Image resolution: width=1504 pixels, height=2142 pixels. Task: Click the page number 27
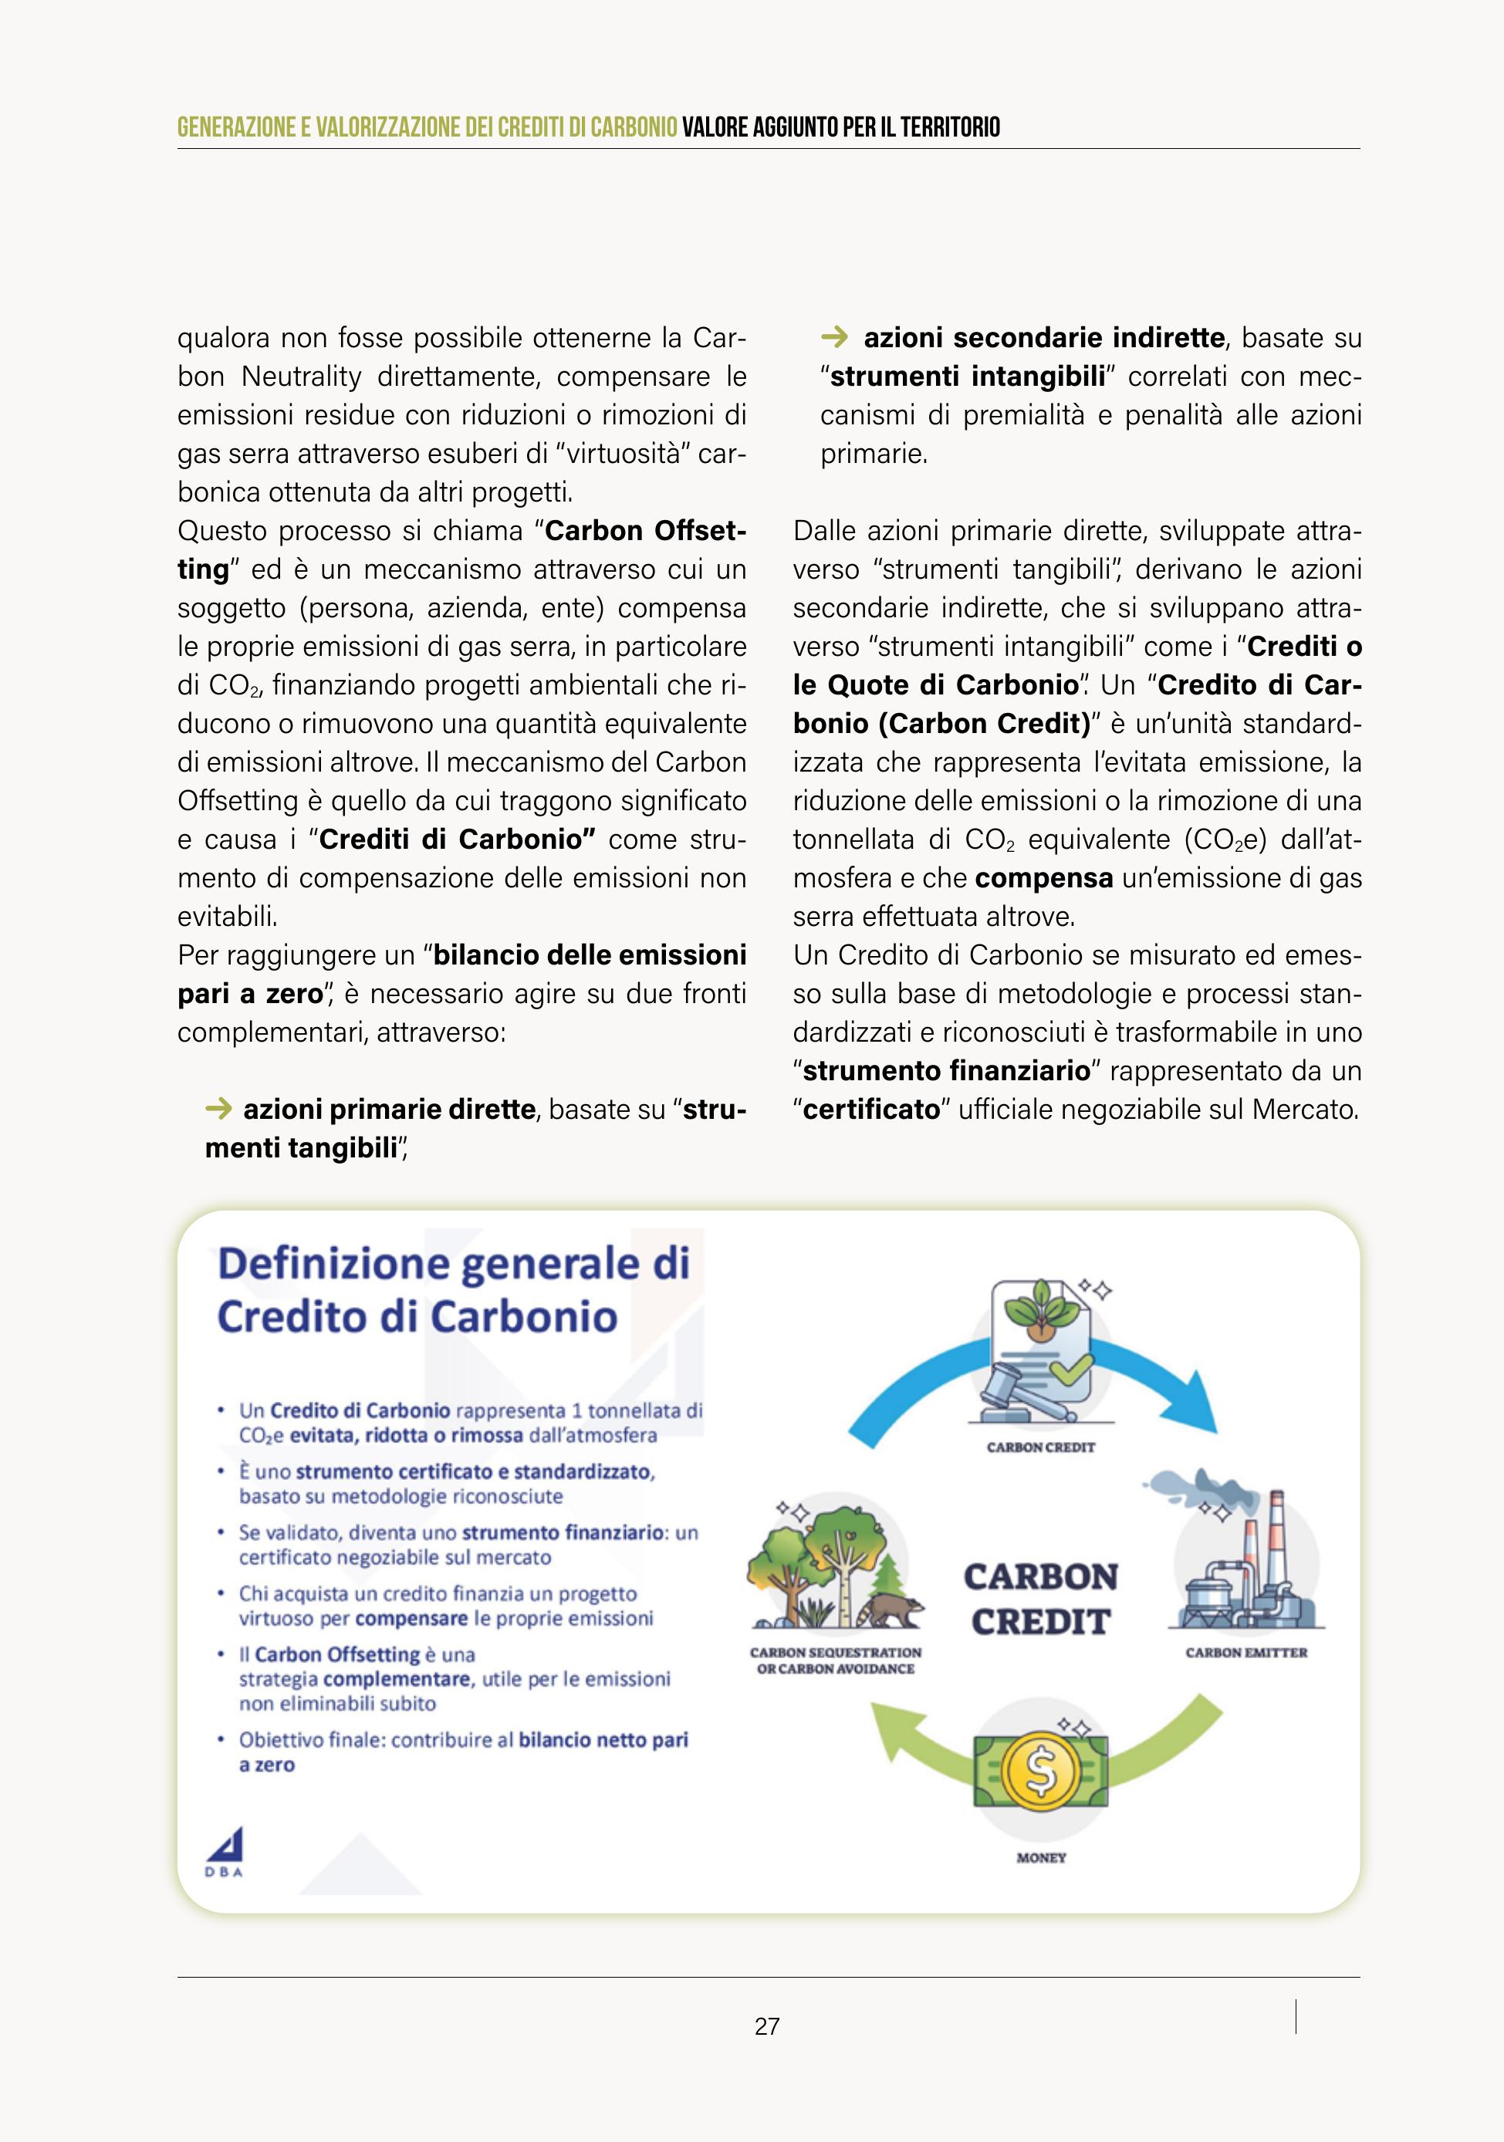tap(767, 2026)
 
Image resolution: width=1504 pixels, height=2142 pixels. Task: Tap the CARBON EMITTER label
tap(1245, 1652)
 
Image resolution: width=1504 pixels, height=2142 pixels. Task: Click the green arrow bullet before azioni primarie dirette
tap(218, 1108)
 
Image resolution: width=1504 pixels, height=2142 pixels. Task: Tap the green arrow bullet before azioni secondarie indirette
tap(834, 336)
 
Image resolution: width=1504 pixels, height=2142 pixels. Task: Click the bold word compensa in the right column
tap(1044, 878)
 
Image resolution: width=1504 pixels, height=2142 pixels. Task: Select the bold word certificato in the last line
tap(871, 1110)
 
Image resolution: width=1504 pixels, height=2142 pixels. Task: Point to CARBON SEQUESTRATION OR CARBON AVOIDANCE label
tap(835, 1660)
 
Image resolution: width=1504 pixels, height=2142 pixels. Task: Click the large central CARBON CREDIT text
tap(1040, 1599)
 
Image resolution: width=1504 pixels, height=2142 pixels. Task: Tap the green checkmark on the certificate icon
tap(1072, 1369)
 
